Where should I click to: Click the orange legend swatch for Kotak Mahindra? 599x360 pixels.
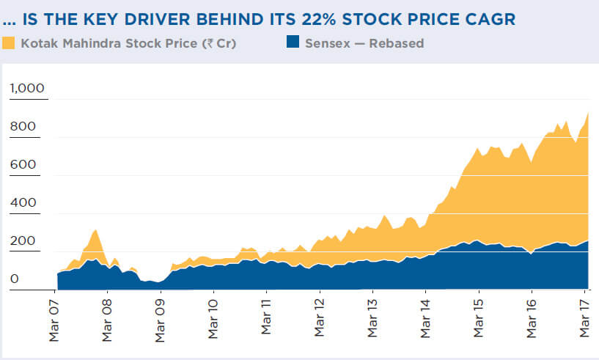(9, 43)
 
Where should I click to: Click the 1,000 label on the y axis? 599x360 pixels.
(27, 89)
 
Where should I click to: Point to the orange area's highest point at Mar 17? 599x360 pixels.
(589, 113)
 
